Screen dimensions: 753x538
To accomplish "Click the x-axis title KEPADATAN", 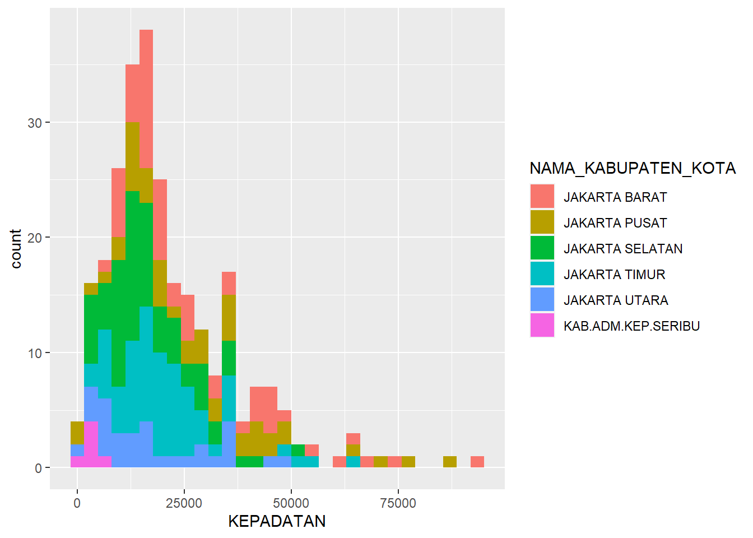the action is point(277,522).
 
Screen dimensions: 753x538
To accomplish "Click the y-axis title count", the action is point(16,249).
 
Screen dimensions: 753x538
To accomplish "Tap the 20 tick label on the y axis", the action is point(35,238).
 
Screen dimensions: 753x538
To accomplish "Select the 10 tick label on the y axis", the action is point(35,354).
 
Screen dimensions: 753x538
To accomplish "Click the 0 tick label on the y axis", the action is point(39,469).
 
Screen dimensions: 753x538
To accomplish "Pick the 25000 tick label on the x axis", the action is point(184,503).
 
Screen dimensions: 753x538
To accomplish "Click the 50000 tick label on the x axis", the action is point(291,503).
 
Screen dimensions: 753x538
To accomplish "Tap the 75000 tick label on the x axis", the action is point(398,503).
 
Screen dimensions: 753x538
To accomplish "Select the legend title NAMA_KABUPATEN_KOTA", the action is point(633,168).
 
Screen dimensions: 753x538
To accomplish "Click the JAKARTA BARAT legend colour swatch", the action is point(542,196).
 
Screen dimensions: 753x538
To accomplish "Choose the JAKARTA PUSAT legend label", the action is point(615,223).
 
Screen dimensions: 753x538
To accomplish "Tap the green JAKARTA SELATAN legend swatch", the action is point(542,248).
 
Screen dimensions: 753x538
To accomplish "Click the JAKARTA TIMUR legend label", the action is point(615,275).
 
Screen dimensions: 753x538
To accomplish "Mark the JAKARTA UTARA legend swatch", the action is point(542,300).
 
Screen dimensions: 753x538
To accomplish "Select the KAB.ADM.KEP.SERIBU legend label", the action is point(631,326).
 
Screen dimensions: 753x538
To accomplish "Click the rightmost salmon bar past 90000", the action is point(477,462).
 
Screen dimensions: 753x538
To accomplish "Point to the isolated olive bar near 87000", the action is point(449,462).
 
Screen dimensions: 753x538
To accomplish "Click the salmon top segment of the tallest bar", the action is point(146,99).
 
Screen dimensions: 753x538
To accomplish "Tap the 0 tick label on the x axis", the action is point(77,503).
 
